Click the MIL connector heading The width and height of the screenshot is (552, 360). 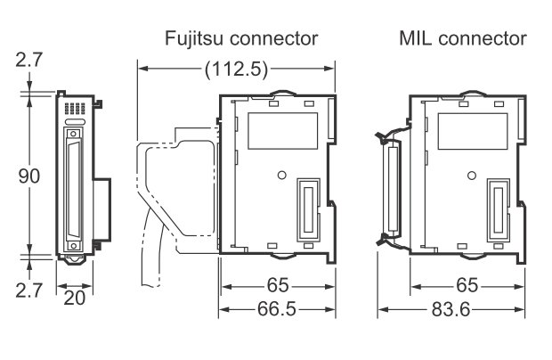[x=462, y=38]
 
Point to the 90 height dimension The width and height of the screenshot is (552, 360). [x=29, y=175]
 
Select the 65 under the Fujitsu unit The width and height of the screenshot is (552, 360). [x=277, y=287]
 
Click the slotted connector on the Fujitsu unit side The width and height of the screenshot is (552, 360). [x=307, y=209]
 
